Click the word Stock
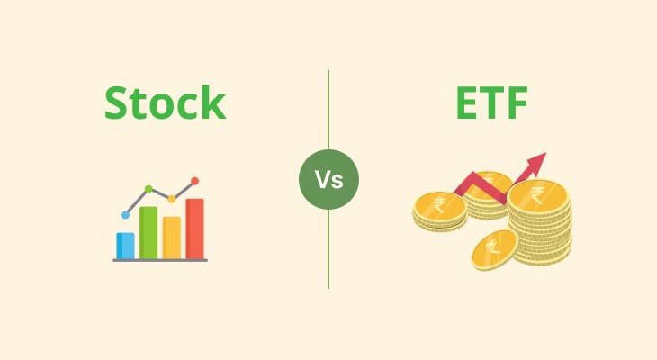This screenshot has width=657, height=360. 164,103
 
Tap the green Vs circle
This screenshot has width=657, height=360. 328,179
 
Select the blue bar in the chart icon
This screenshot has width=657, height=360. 125,245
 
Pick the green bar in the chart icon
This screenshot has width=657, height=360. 148,232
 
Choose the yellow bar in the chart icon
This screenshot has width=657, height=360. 172,237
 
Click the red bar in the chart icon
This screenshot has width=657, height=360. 194,228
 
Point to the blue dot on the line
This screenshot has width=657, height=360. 126,215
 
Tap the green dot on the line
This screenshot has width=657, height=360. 148,190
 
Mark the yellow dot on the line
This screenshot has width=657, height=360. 171,199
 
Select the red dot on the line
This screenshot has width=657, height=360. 194,181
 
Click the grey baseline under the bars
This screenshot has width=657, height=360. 160,260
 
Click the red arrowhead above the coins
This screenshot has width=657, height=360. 536,163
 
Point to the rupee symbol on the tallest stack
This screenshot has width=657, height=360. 537,195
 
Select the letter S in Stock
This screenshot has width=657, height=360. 118,103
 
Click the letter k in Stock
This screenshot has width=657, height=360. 212,103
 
